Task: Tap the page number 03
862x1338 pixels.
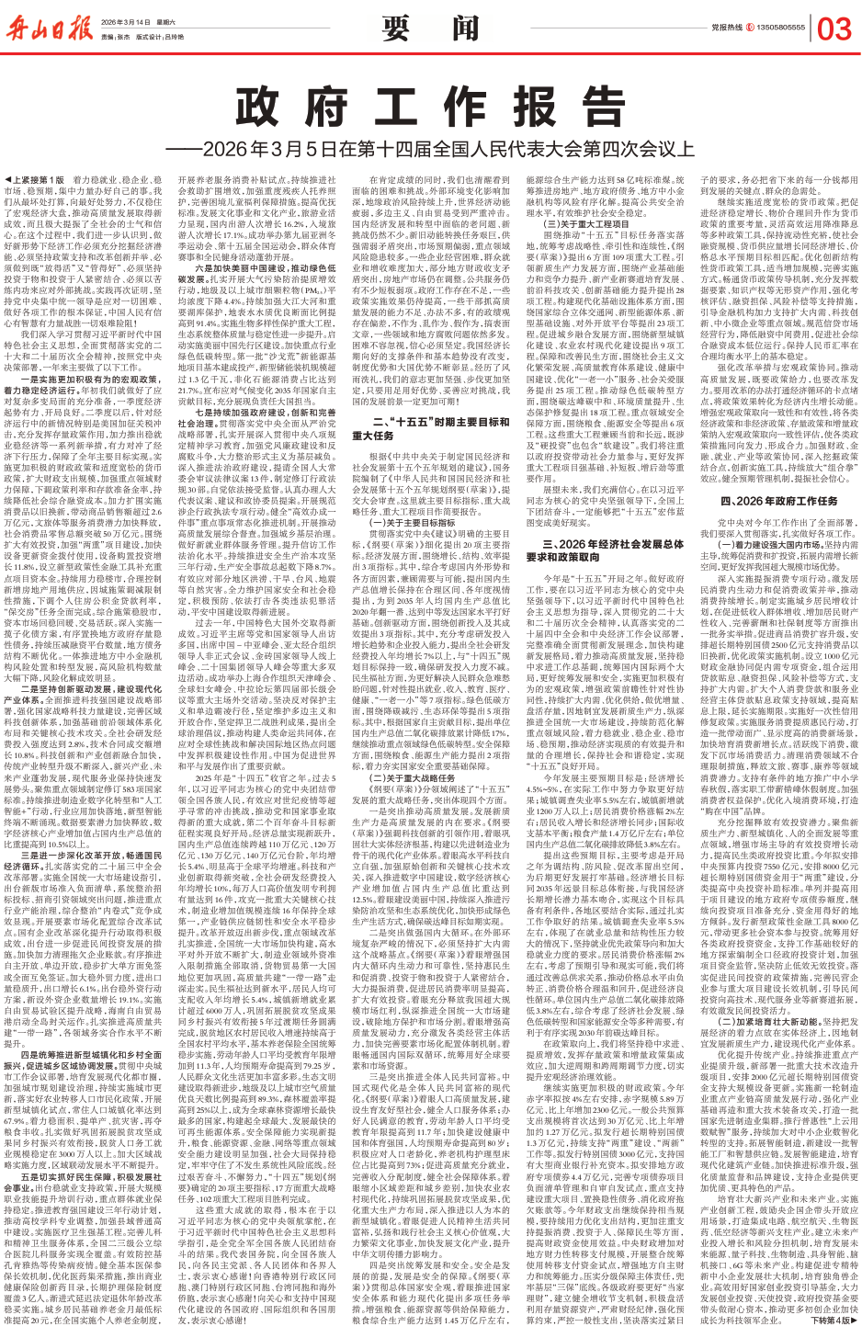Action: [x=834, y=28]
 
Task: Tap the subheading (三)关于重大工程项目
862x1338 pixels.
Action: [x=589, y=223]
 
